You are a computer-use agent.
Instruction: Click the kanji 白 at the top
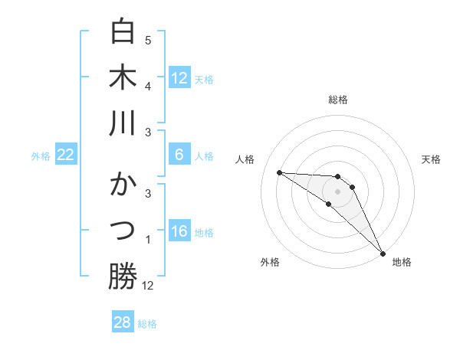(x=123, y=31)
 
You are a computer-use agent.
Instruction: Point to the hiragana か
(x=123, y=186)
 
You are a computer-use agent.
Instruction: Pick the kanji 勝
(x=123, y=277)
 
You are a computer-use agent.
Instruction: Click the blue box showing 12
(x=179, y=77)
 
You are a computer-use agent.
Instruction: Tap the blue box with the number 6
(x=179, y=155)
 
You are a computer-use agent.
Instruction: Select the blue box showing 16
(x=179, y=232)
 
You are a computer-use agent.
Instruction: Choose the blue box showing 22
(x=66, y=155)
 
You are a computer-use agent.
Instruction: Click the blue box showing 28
(x=123, y=322)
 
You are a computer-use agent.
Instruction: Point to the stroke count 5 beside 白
(x=148, y=40)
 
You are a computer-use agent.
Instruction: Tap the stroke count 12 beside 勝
(x=148, y=286)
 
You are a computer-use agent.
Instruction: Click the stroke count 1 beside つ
(x=148, y=240)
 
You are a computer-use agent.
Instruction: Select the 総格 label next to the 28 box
(x=148, y=324)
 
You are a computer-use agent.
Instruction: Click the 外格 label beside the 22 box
(x=41, y=155)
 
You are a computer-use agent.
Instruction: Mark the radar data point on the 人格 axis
(x=279, y=172)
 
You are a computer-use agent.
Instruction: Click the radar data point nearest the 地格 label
(x=383, y=253)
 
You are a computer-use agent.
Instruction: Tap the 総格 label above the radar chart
(x=337, y=100)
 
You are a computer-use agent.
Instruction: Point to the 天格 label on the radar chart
(x=431, y=159)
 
